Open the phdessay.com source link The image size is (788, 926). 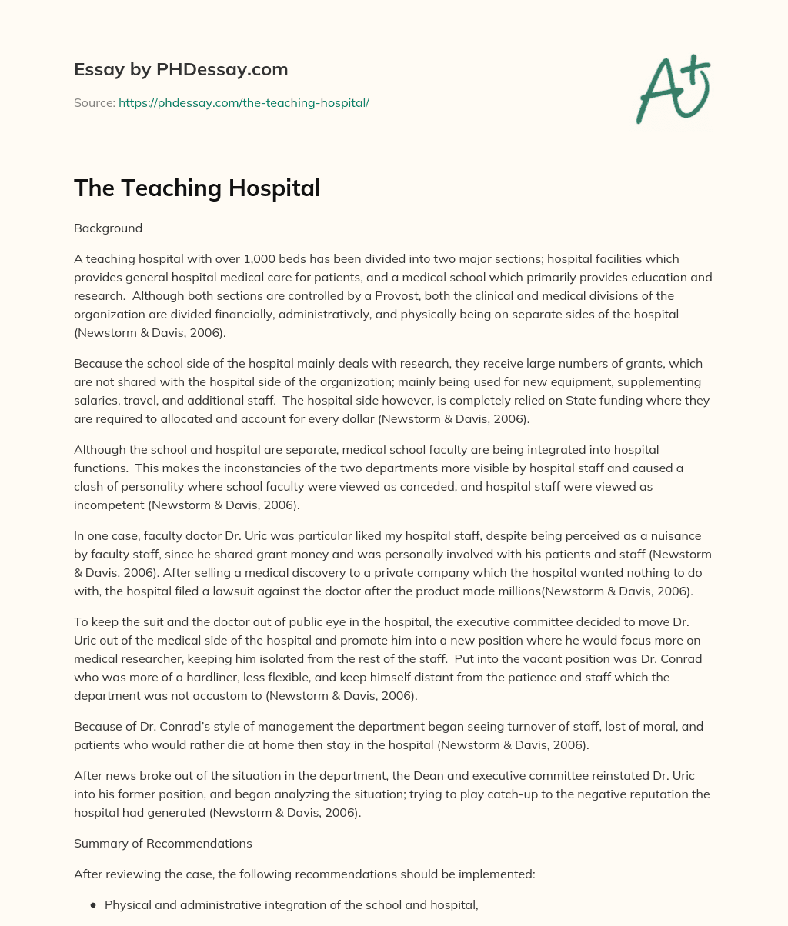tap(243, 102)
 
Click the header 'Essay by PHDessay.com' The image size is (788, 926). tap(181, 69)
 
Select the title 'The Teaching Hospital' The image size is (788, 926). tap(197, 188)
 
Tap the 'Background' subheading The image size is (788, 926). tap(108, 228)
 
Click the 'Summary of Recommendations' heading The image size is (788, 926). tap(163, 843)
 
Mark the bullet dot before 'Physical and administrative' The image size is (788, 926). tap(93, 905)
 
